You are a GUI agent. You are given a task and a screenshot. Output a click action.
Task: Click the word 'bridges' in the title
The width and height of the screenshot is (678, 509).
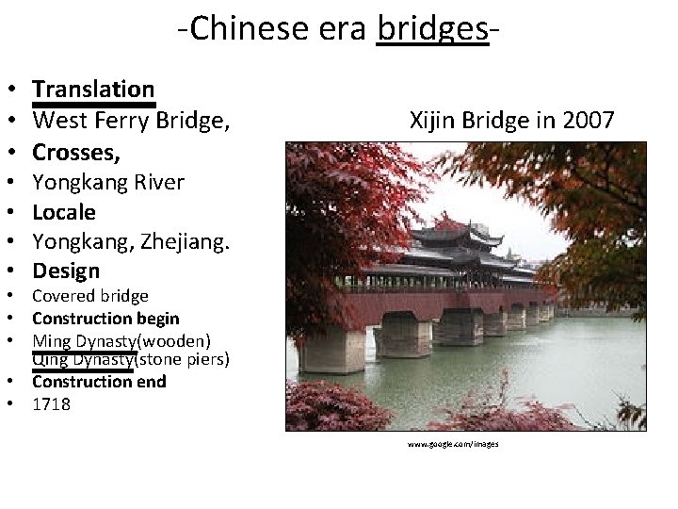tap(432, 29)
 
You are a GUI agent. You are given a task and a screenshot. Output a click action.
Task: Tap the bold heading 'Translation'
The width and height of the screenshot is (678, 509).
tap(93, 89)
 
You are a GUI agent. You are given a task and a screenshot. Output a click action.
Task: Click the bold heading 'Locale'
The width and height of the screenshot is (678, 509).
tap(64, 212)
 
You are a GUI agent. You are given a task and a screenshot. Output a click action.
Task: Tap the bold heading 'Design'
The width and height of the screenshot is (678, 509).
tap(66, 271)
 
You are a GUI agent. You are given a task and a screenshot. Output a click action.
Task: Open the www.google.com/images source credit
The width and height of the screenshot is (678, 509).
tap(453, 443)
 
